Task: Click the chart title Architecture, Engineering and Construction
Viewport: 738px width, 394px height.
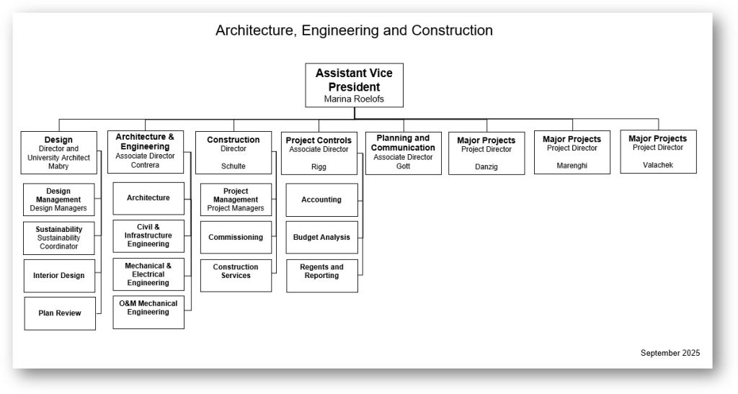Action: (x=354, y=31)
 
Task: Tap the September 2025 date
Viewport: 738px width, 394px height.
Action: (x=670, y=353)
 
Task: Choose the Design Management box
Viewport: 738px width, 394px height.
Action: (x=58, y=200)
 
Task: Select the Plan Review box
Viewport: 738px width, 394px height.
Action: (x=60, y=313)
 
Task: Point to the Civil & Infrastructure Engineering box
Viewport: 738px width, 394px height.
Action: (x=148, y=236)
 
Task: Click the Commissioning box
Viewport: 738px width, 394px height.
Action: (x=236, y=237)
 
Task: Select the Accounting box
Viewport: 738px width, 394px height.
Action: (x=321, y=200)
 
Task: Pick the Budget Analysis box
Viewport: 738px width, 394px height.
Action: (x=321, y=237)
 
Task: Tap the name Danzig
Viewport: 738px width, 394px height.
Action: (x=487, y=166)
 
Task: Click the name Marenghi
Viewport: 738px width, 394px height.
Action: (x=572, y=166)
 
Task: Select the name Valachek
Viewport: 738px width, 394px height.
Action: (x=657, y=165)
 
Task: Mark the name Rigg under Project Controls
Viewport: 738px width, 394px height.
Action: (x=319, y=166)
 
